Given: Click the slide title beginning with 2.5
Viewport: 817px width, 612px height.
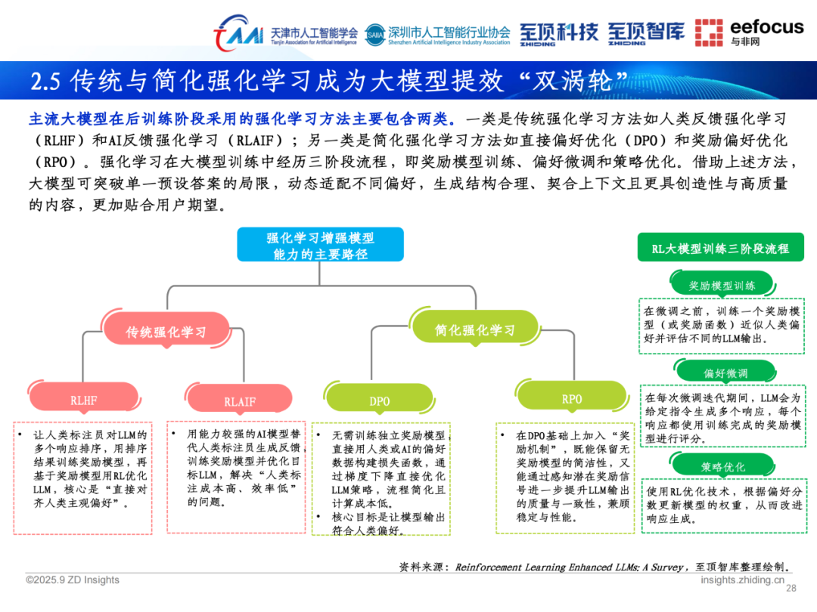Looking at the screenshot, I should click(331, 80).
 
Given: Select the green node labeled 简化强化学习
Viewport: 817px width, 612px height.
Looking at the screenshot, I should click(474, 330).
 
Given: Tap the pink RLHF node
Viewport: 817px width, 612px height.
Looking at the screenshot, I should click(84, 400).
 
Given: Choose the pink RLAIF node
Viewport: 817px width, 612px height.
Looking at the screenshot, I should click(240, 401).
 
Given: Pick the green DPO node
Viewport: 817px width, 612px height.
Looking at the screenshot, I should click(380, 401).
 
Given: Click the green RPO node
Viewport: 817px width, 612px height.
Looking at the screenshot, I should click(572, 399).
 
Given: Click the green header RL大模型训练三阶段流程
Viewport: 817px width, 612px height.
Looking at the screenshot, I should click(720, 248).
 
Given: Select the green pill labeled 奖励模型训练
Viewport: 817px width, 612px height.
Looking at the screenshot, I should click(722, 286).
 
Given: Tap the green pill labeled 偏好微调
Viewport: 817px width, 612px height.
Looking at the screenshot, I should click(725, 373).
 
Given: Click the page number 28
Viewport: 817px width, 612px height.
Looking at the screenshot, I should click(792, 589).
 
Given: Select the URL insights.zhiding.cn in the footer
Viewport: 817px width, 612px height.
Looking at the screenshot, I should click(742, 580).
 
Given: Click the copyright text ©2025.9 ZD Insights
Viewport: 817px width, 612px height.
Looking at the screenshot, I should click(73, 580).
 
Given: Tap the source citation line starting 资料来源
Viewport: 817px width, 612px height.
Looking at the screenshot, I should click(595, 566).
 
